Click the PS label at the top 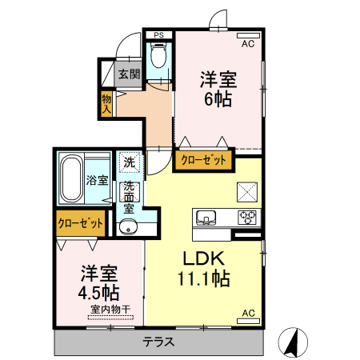pyautogui.click(x=159, y=34)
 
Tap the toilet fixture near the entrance pyautogui.click(x=158, y=55)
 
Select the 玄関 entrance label pyautogui.click(x=130, y=74)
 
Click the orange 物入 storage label pyautogui.click(x=106, y=102)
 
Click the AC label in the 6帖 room pyautogui.click(x=247, y=43)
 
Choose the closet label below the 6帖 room pyautogui.click(x=203, y=160)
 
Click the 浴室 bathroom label pyautogui.click(x=98, y=181)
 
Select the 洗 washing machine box pyautogui.click(x=130, y=162)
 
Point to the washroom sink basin pyautogui.click(x=129, y=227)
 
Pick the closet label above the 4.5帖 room pyautogui.click(x=80, y=222)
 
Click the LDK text pyautogui.click(x=204, y=260)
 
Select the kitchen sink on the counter pyautogui.click(x=205, y=216)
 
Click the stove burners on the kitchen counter pyautogui.click(x=247, y=216)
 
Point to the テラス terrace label pyautogui.click(x=160, y=342)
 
